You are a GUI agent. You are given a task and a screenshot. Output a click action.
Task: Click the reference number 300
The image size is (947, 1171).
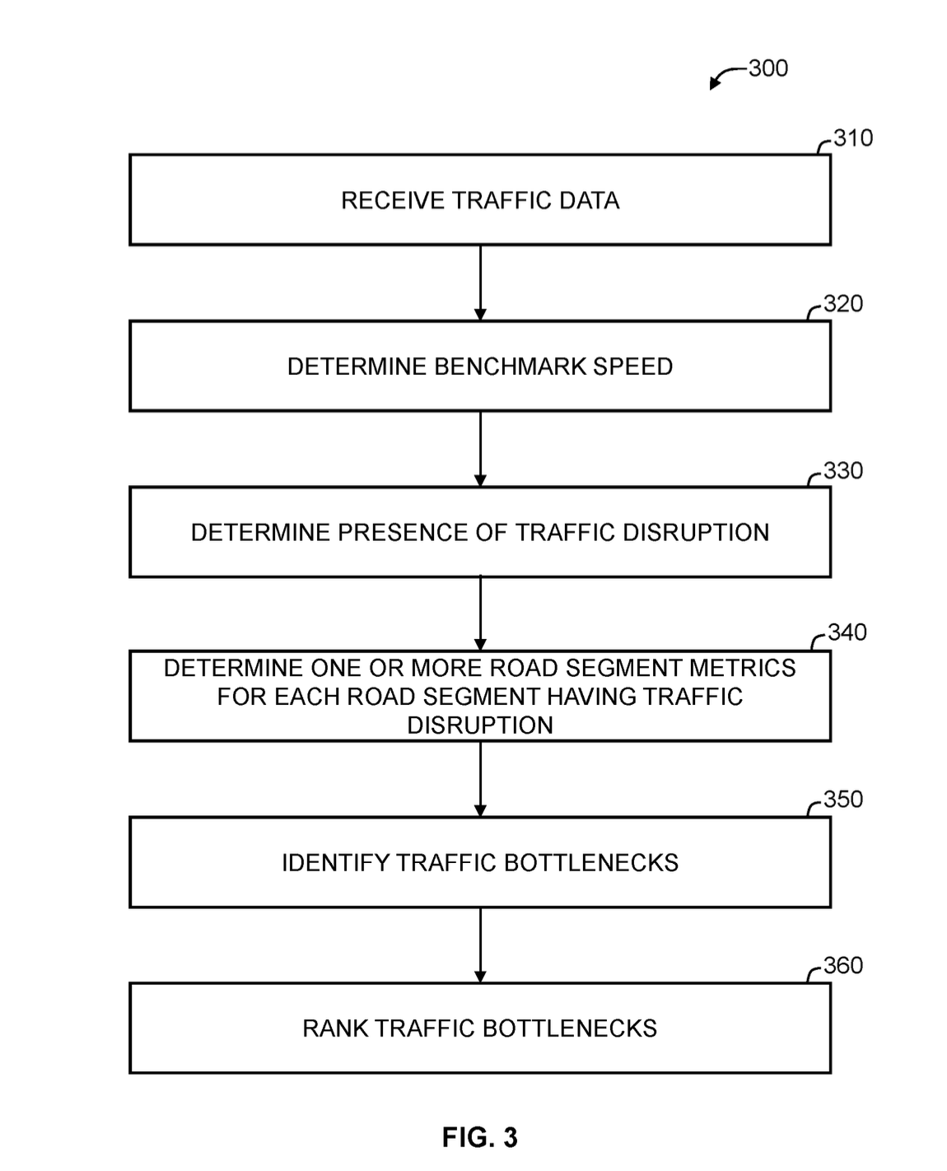[767, 68]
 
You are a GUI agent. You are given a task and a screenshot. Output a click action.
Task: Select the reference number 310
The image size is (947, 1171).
[853, 138]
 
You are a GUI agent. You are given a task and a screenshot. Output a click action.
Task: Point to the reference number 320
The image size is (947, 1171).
[843, 304]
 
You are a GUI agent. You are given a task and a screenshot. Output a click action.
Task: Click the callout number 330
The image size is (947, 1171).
[843, 470]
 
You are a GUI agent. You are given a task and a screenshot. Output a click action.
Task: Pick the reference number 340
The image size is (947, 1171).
[847, 632]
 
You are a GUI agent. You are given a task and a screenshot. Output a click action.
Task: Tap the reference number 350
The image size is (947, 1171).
[843, 799]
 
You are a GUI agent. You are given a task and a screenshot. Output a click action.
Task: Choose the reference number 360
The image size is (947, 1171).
[843, 965]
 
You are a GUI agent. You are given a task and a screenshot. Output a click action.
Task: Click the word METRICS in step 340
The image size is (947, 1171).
[742, 668]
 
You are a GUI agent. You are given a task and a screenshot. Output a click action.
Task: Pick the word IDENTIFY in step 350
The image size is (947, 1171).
[335, 863]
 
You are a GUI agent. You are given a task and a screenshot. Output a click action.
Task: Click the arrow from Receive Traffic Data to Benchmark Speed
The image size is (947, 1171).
[480, 283]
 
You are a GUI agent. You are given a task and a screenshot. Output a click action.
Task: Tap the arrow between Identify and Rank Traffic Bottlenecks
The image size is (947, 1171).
[480, 945]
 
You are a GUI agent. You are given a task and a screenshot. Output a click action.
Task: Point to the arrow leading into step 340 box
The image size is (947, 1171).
[480, 613]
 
